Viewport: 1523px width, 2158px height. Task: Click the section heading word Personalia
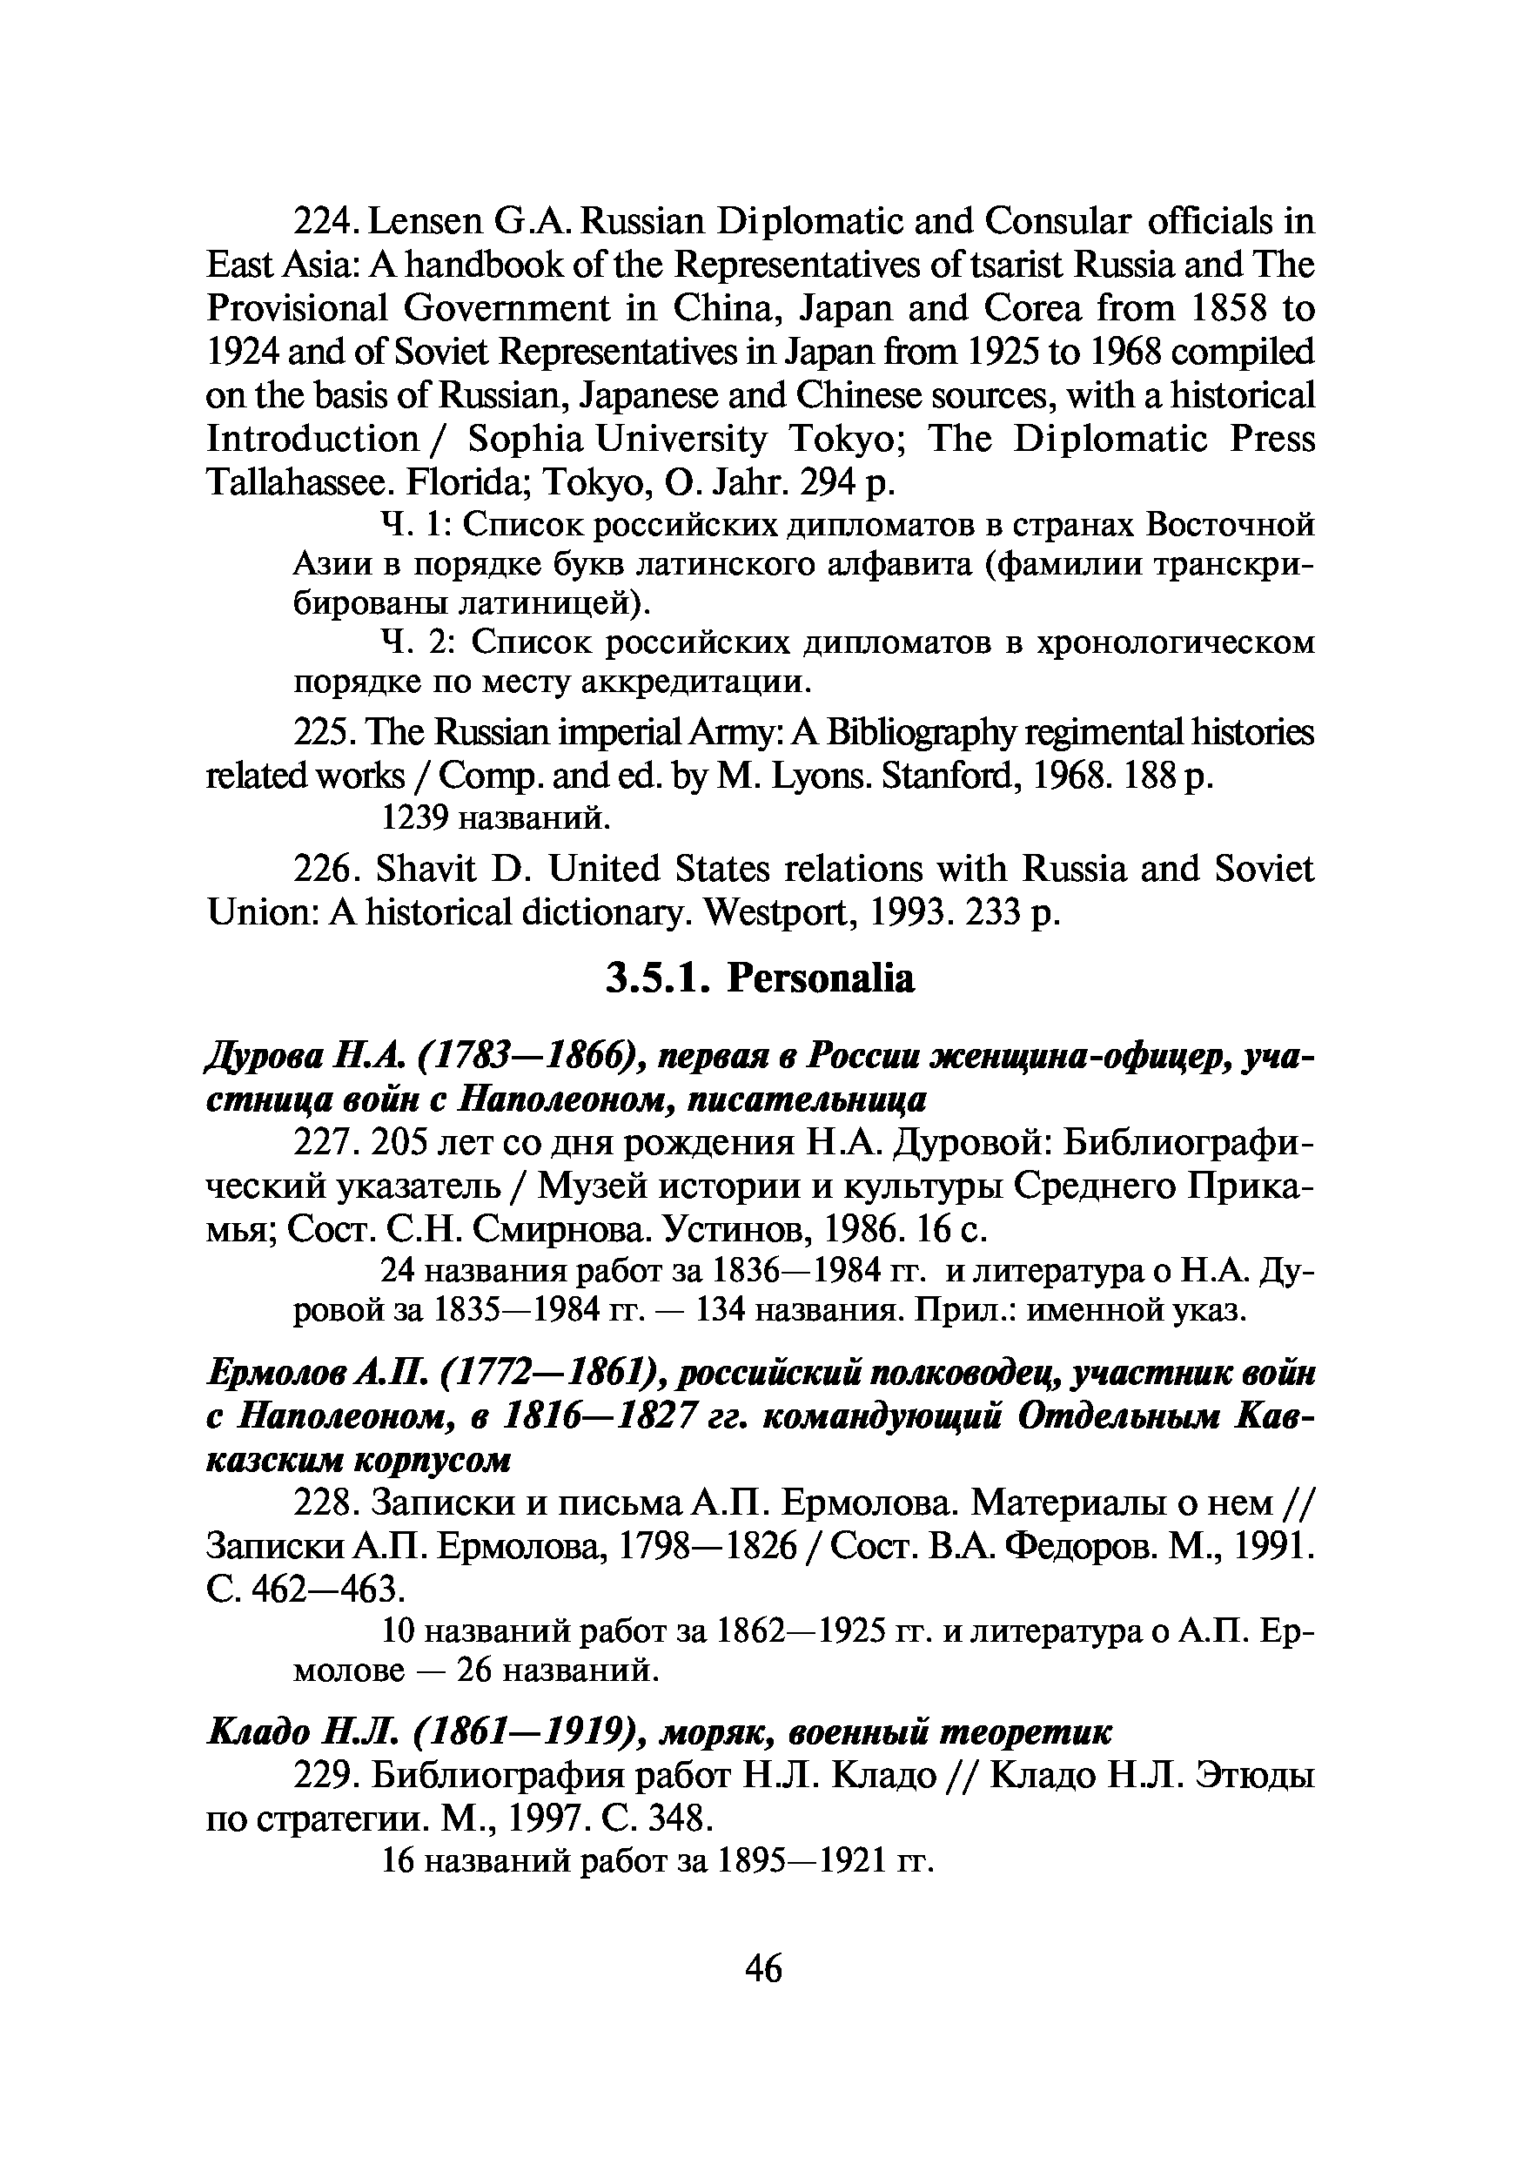[x=820, y=978]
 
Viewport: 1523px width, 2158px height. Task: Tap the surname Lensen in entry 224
[x=426, y=222]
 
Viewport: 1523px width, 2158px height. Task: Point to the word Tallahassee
[x=295, y=483]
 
